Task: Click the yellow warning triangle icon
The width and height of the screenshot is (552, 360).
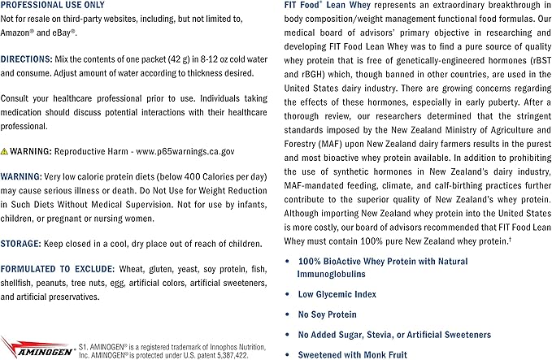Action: pyautogui.click(x=5, y=151)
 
